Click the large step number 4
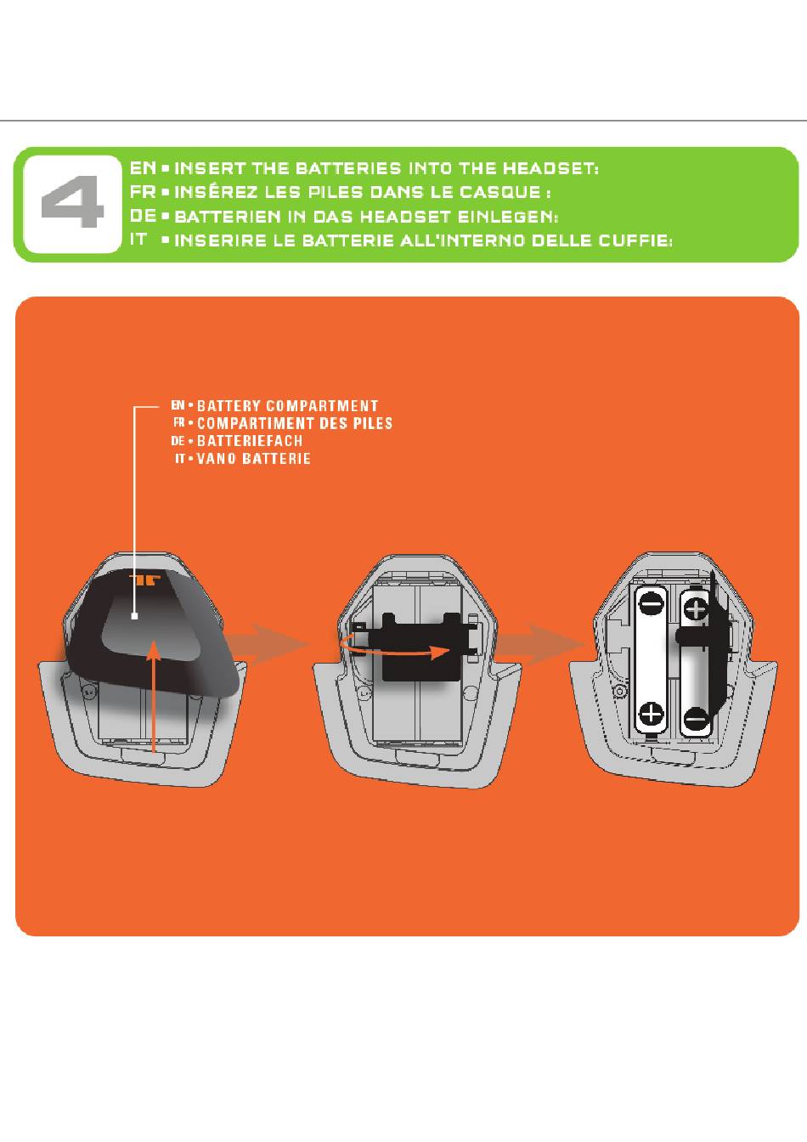pos(72,201)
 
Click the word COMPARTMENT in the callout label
pos(322,406)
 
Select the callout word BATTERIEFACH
pos(250,440)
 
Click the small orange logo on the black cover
pos(144,580)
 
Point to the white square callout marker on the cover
pos(134,616)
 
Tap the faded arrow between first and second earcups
pos(268,644)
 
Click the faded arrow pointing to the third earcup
pos(541,644)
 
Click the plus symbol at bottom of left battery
pos(651,713)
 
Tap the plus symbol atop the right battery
pos(695,608)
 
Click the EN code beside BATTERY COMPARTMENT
pos(178,405)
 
